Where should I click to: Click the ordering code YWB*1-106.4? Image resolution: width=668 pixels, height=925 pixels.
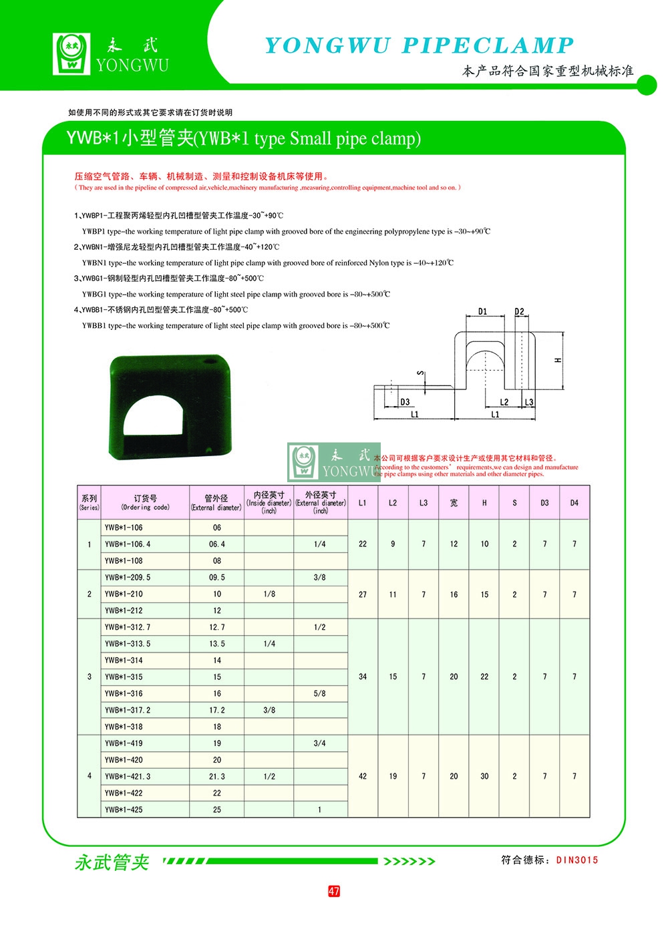click(128, 544)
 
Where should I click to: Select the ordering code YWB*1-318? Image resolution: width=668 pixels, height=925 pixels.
click(124, 727)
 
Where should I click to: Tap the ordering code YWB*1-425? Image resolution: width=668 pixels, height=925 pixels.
click(124, 809)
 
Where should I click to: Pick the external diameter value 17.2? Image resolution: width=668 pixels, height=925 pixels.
click(217, 710)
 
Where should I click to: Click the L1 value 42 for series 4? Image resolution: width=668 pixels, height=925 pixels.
click(363, 776)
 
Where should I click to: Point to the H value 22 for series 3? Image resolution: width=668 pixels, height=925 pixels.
click(484, 677)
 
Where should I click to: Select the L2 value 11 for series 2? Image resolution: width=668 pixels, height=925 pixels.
click(393, 594)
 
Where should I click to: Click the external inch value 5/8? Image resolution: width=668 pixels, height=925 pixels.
click(320, 693)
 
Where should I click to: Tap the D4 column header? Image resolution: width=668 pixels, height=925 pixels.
click(574, 503)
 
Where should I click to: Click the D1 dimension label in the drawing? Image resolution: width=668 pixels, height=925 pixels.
click(483, 311)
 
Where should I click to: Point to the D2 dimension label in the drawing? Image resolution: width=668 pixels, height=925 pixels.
click(520, 311)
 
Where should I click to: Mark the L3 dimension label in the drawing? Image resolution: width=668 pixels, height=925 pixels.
click(529, 402)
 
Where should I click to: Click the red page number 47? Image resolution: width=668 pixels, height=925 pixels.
click(334, 891)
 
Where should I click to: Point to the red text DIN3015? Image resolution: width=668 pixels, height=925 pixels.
click(577, 860)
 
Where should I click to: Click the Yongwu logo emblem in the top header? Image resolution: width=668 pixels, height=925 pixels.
click(71, 53)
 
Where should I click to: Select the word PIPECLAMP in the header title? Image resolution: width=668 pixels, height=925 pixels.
click(488, 45)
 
